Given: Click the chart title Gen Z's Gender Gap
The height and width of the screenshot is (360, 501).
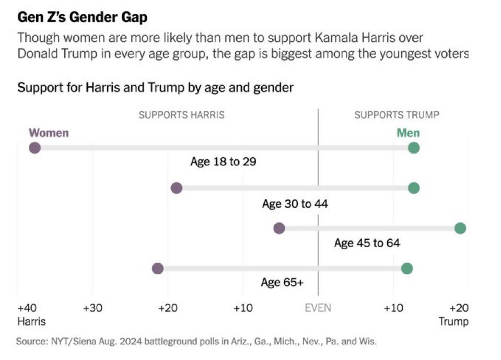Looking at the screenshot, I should pyautogui.click(x=83, y=17).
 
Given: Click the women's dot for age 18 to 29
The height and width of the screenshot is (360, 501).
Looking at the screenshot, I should pyautogui.click(x=34, y=148).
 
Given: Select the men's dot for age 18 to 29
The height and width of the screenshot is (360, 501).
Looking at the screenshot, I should pyautogui.click(x=414, y=148).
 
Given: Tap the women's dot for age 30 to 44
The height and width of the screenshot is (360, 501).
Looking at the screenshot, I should pyautogui.click(x=177, y=188).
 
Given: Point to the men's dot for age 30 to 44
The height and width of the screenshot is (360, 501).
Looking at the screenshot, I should pyautogui.click(x=414, y=188).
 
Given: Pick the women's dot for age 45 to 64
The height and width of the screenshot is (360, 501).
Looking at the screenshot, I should pyautogui.click(x=279, y=228).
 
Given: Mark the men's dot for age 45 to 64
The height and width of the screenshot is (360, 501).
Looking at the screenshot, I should pyautogui.click(x=460, y=228).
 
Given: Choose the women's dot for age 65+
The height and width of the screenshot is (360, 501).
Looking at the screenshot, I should pyautogui.click(x=158, y=269).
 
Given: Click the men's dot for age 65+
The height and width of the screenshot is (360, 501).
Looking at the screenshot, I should pyautogui.click(x=407, y=269).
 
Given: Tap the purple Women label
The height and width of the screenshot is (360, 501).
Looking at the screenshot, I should pyautogui.click(x=49, y=133).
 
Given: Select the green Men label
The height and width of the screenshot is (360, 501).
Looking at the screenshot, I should pyautogui.click(x=408, y=133).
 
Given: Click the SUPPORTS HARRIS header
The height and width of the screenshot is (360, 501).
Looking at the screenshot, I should pyautogui.click(x=181, y=115).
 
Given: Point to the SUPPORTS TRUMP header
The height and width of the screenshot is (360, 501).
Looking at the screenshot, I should pyautogui.click(x=397, y=115).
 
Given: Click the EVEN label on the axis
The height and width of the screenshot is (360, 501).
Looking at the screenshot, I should pyautogui.click(x=318, y=307).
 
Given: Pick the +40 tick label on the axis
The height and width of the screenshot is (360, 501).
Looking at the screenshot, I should pyautogui.click(x=26, y=307).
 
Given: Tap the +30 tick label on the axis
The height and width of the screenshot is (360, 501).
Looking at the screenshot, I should pyautogui.click(x=92, y=307).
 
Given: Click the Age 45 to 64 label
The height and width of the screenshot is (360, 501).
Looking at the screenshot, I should pyautogui.click(x=367, y=243).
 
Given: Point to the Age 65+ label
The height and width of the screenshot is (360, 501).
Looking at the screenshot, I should pyautogui.click(x=282, y=283).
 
